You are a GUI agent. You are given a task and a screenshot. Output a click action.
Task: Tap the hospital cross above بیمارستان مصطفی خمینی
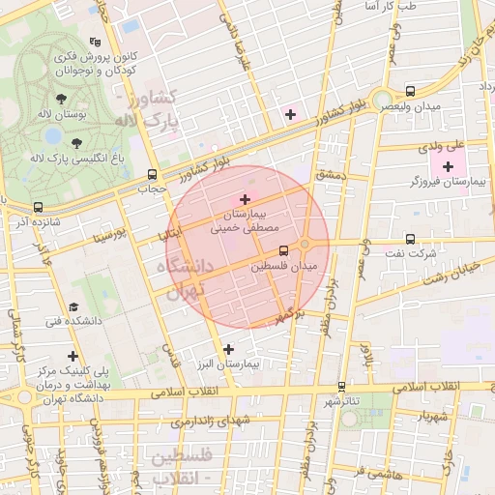pyautogui.click(x=245, y=198)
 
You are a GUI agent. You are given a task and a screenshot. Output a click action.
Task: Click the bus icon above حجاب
pyautogui.click(x=151, y=175)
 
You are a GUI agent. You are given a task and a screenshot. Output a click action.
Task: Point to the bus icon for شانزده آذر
pyautogui.click(x=38, y=207)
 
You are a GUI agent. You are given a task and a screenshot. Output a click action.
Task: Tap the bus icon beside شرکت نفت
pyautogui.click(x=410, y=239)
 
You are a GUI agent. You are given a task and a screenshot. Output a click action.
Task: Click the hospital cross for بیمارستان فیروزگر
pyautogui.click(x=448, y=167)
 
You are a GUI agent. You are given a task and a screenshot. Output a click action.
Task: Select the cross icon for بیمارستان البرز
pyautogui.click(x=228, y=349)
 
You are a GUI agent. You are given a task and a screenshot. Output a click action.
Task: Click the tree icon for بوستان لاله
pyautogui.click(x=62, y=99)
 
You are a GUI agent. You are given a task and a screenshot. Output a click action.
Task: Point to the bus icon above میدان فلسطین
pyautogui.click(x=283, y=251)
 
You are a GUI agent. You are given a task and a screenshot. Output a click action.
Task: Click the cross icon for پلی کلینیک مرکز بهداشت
pyautogui.click(x=73, y=356)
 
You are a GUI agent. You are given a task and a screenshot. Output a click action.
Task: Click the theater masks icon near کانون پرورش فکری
pyautogui.click(x=95, y=43)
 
